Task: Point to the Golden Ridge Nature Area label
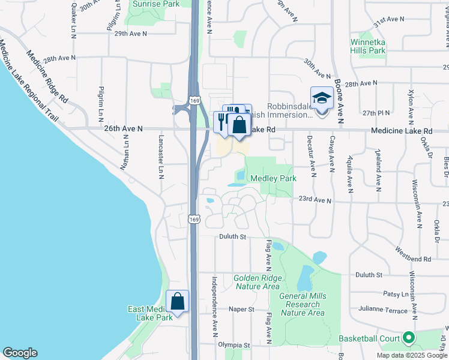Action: click(256, 282)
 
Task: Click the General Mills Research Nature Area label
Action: click(303, 304)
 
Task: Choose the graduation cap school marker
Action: click(322, 97)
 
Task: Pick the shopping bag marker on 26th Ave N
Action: click(239, 125)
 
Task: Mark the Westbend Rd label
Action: click(413, 254)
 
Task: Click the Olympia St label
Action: click(234, 345)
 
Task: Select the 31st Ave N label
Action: click(389, 19)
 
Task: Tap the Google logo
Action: click(20, 353)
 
